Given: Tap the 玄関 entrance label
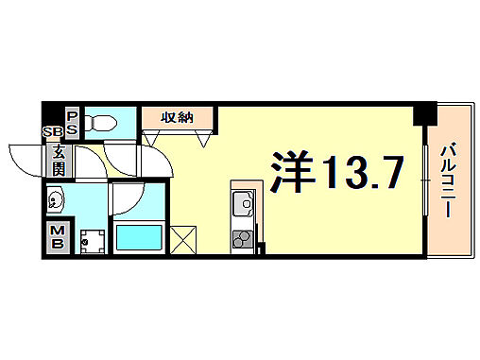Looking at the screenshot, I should coord(60,158).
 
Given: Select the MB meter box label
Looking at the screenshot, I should coord(59,236).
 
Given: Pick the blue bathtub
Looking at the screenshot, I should coord(141,237).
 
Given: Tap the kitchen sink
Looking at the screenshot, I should coord(241,203).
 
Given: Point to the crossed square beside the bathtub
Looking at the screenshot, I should coord(184,239).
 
